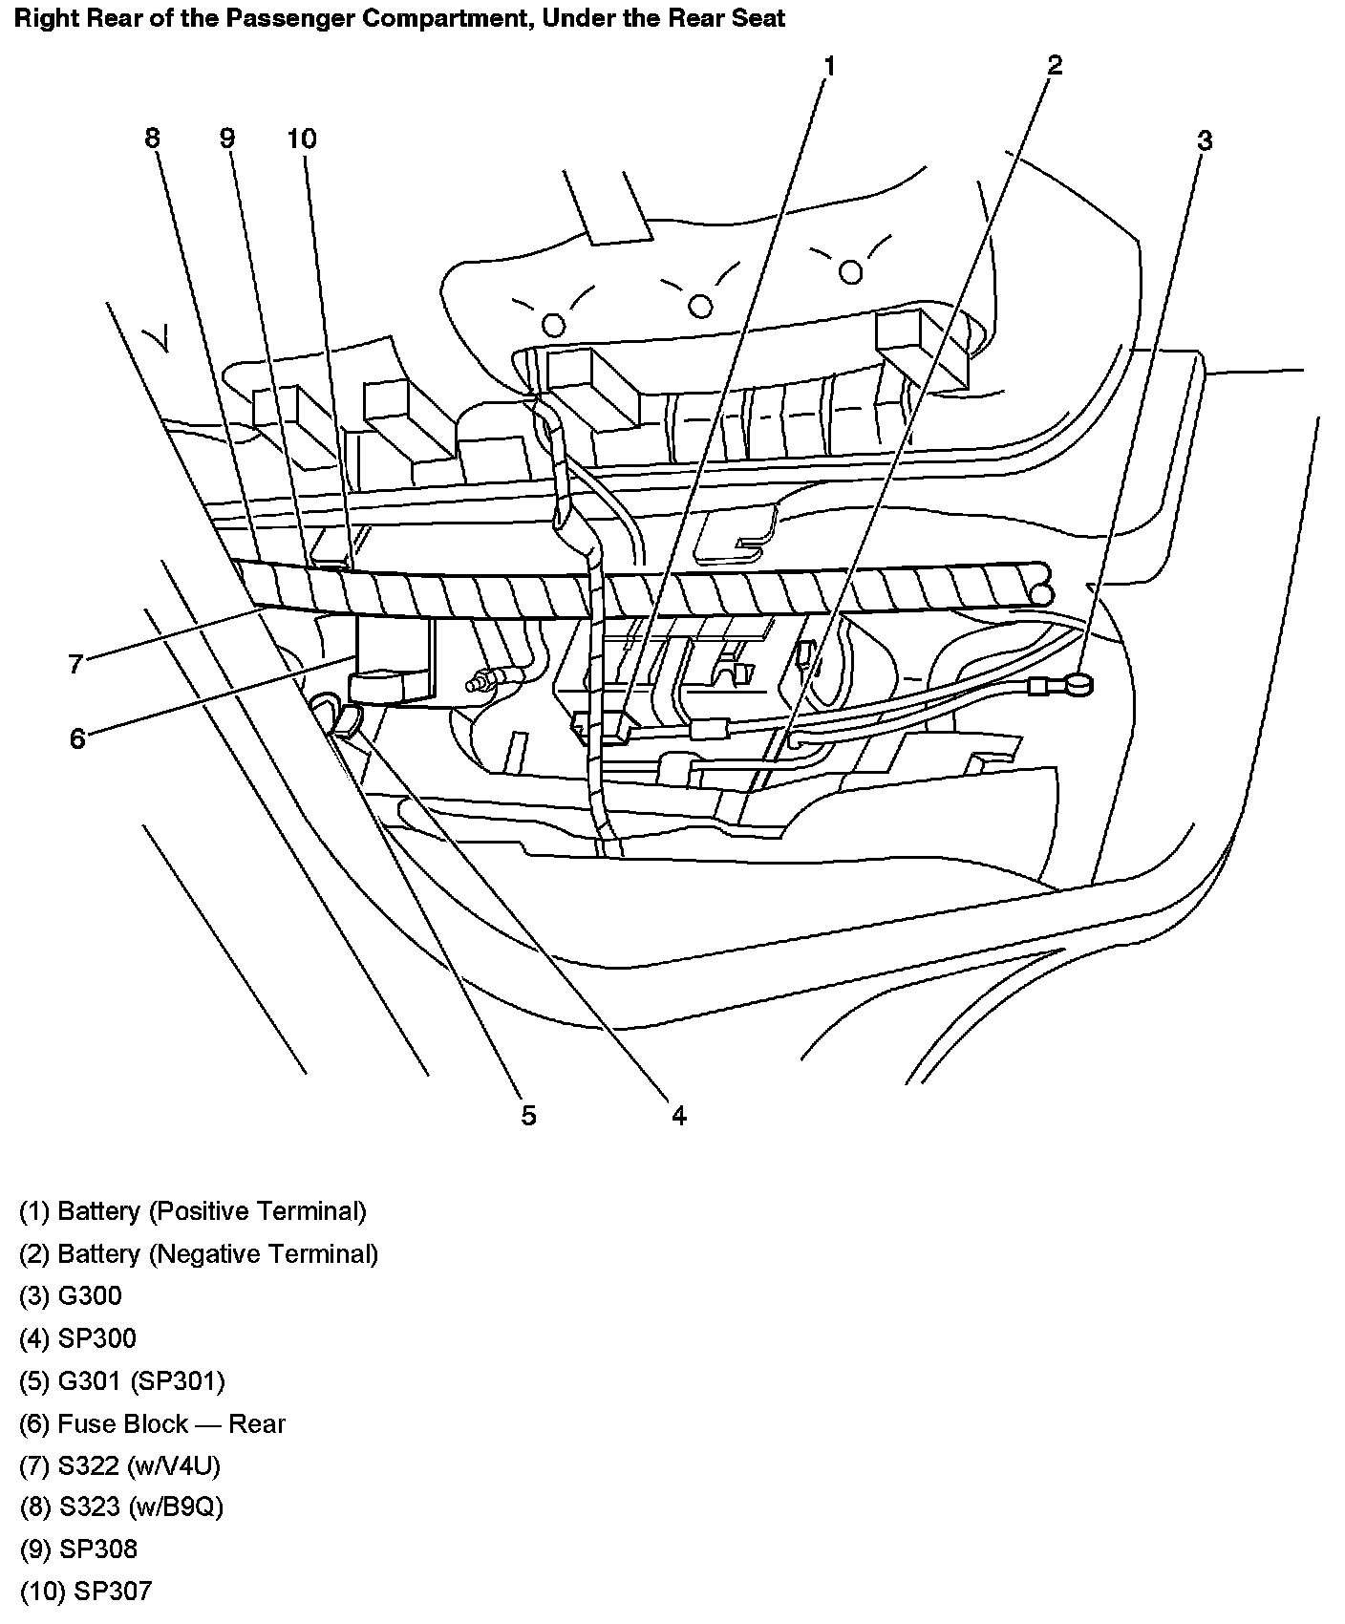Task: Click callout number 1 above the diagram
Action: pyautogui.click(x=829, y=66)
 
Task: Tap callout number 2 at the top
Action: pyautogui.click(x=1054, y=65)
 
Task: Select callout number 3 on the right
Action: pyautogui.click(x=1205, y=140)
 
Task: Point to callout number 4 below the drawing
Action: pyautogui.click(x=678, y=1115)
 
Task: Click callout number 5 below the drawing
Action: pyautogui.click(x=528, y=1115)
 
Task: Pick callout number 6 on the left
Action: pyautogui.click(x=77, y=737)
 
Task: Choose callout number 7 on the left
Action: pyautogui.click(x=76, y=663)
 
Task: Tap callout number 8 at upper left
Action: pyautogui.click(x=153, y=139)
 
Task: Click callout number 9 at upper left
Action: pyautogui.click(x=226, y=139)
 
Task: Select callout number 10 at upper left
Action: pyautogui.click(x=301, y=139)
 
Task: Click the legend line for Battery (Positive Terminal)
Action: pyautogui.click(x=193, y=1211)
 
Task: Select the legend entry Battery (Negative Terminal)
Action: pyautogui.click(x=199, y=1253)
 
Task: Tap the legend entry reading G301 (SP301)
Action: pyautogui.click(x=122, y=1380)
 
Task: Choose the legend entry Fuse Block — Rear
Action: pyautogui.click(x=152, y=1423)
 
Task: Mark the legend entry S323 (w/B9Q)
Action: pyautogui.click(x=121, y=1507)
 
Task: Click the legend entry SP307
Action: pyautogui.click(x=85, y=1592)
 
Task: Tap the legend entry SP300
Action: pyautogui.click(x=77, y=1338)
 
